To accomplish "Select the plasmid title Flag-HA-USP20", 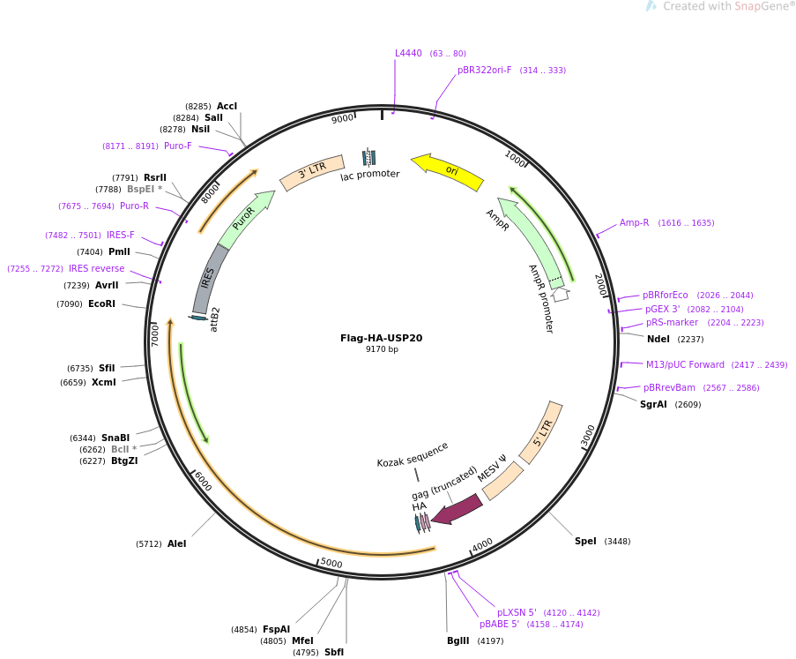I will [x=381, y=338].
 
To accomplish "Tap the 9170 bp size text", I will [x=382, y=349].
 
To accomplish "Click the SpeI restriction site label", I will [x=585, y=541].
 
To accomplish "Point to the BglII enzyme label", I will [x=458, y=641].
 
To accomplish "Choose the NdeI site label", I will [x=658, y=339].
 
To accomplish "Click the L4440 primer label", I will [x=408, y=53].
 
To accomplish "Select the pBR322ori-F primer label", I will [x=484, y=70].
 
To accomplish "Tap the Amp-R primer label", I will [x=634, y=222].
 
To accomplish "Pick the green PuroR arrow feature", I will [x=245, y=221].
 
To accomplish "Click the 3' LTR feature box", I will [x=311, y=169].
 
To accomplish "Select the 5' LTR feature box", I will [x=541, y=431].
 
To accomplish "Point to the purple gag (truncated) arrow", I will [x=457, y=509].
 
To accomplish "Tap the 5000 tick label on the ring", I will [x=331, y=563].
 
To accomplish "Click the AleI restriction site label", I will [x=176, y=543].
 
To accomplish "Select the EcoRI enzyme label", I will [x=101, y=303].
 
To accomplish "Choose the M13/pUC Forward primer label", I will [x=685, y=364].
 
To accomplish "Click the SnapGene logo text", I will [x=728, y=6].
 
